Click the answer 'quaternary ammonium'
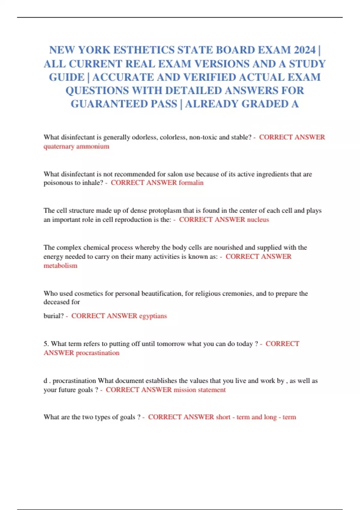click(x=76, y=146)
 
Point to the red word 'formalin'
click(x=191, y=183)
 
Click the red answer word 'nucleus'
click(x=258, y=220)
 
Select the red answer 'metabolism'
click(x=60, y=265)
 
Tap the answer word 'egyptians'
click(x=153, y=316)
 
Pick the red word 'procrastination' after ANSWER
click(x=97, y=353)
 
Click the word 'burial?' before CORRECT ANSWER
click(x=53, y=316)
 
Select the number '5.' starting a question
click(x=46, y=344)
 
